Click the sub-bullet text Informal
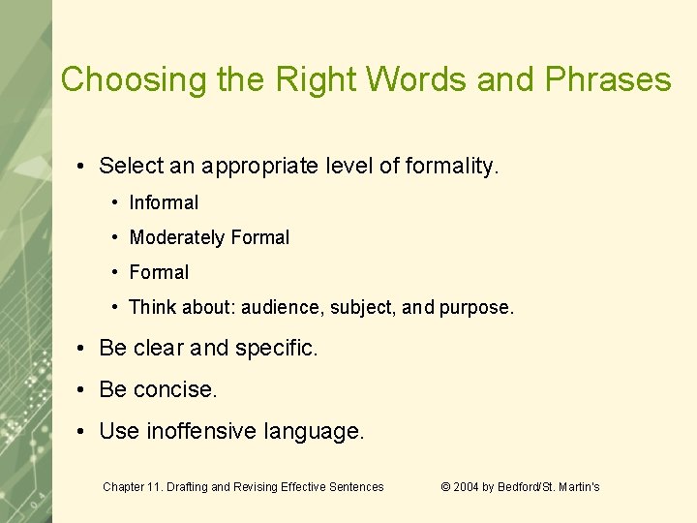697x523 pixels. [x=164, y=202]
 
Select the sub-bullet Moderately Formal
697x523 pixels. [x=209, y=237]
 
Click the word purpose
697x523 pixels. [x=475, y=307]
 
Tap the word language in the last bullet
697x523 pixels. [x=314, y=431]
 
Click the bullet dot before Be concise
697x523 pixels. [x=84, y=389]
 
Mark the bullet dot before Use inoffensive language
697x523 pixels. [x=84, y=431]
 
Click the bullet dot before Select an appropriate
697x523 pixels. [x=84, y=166]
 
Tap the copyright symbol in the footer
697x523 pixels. [x=446, y=487]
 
